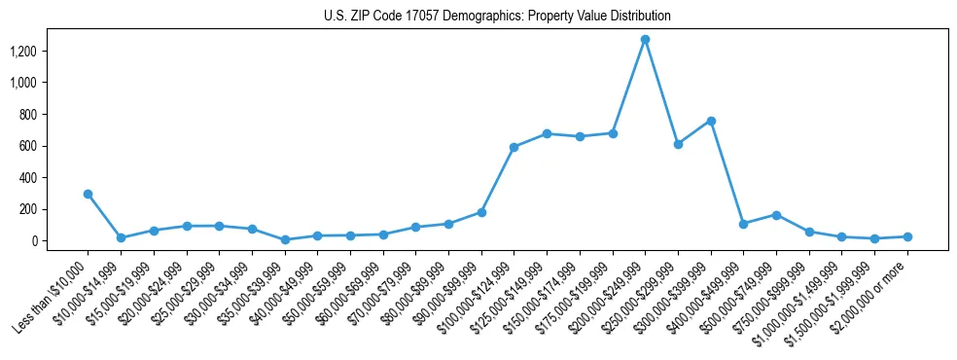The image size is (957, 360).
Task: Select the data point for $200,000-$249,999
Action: (x=645, y=40)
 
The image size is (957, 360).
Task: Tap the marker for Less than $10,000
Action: (x=88, y=194)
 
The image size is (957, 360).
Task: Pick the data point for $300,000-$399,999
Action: (x=711, y=121)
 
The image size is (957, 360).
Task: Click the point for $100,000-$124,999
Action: (x=514, y=147)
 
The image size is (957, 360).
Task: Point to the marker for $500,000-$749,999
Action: (x=776, y=215)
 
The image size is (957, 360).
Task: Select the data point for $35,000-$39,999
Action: (x=285, y=239)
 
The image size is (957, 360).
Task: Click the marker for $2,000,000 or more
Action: (x=907, y=236)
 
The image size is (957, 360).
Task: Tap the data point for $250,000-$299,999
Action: (x=678, y=144)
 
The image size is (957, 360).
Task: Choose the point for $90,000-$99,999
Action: (x=481, y=212)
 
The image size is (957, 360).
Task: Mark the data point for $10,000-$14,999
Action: (x=121, y=237)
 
